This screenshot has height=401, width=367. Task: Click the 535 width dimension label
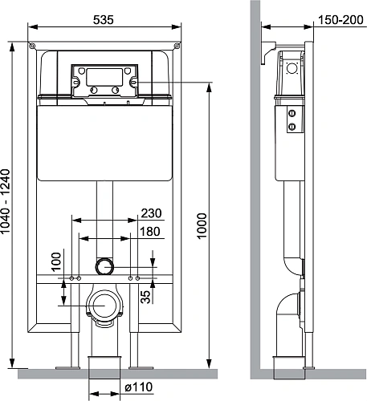(x=101, y=19)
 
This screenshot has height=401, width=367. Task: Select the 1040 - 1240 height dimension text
(x=7, y=200)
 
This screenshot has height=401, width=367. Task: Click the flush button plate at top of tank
(x=102, y=79)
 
